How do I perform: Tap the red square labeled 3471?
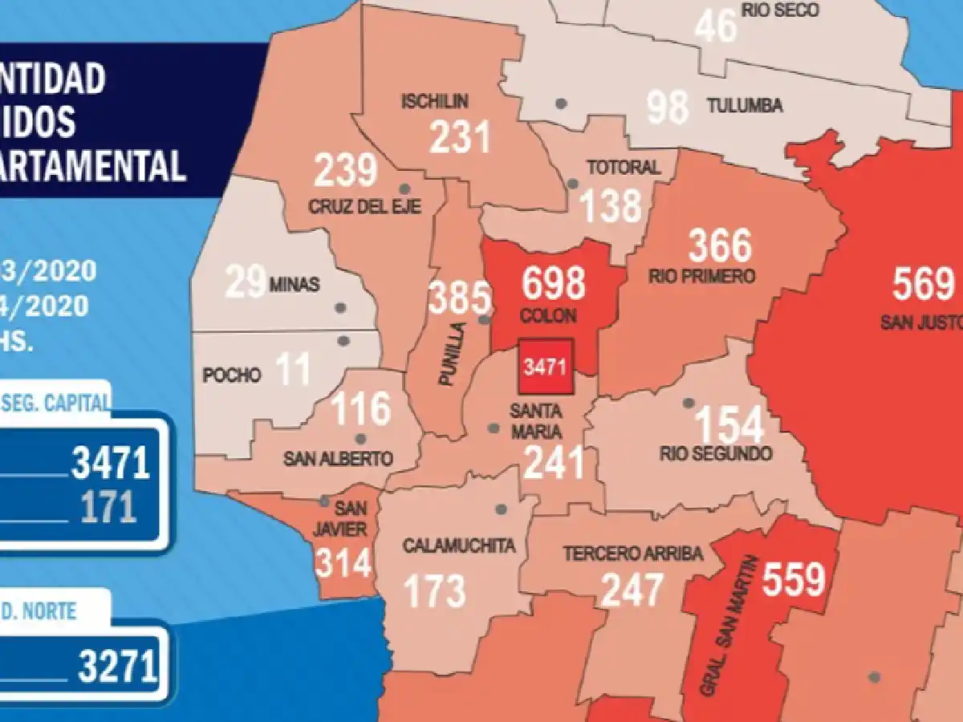pyautogui.click(x=547, y=367)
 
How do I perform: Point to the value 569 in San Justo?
pyautogui.click(x=923, y=284)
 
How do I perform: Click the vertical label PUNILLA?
pyautogui.click(x=452, y=355)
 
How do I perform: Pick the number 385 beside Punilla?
pyautogui.click(x=459, y=298)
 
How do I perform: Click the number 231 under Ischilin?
pyautogui.click(x=459, y=137)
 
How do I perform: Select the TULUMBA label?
pyautogui.click(x=744, y=105)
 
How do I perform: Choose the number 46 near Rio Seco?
pyautogui.click(x=715, y=26)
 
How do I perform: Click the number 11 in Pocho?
pyautogui.click(x=292, y=370)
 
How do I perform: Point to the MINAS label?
pyautogui.click(x=295, y=284)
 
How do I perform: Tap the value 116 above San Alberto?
pyautogui.click(x=361, y=408)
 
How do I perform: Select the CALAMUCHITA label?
pyautogui.click(x=458, y=546)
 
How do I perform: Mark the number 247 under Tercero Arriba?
pyautogui.click(x=632, y=590)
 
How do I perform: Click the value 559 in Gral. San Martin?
pyautogui.click(x=793, y=579)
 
